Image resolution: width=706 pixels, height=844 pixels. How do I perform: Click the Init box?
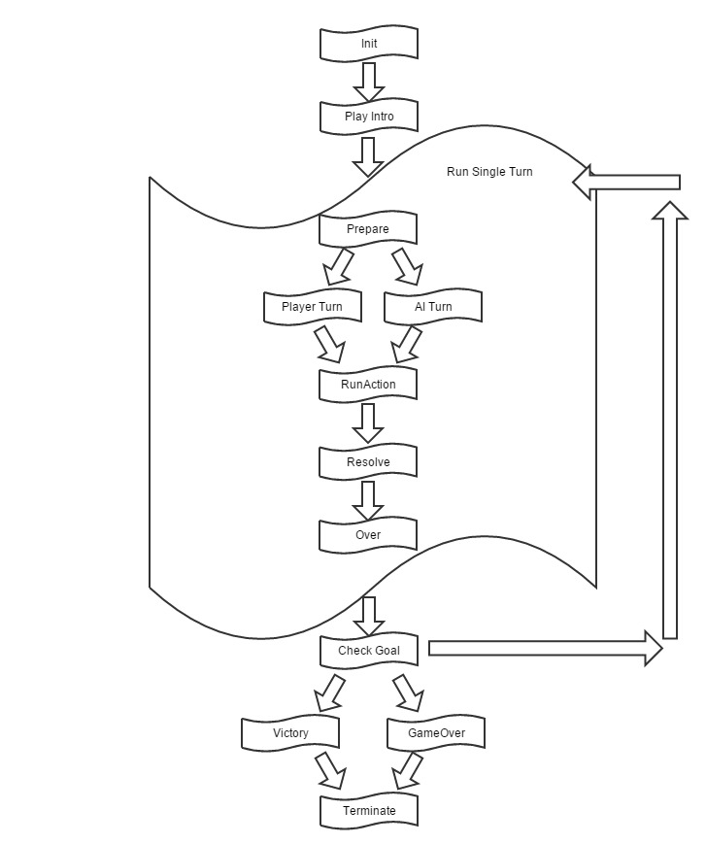[368, 44]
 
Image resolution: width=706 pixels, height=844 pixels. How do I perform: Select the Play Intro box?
[368, 117]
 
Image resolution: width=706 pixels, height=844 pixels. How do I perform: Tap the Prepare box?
[368, 230]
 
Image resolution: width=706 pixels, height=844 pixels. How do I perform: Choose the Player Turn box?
[312, 307]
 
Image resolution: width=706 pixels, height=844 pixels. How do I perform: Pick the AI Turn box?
[433, 307]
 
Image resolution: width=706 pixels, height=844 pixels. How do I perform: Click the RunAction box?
[368, 385]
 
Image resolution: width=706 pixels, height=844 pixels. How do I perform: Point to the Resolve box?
[368, 462]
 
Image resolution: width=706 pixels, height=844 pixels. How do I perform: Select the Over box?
[368, 535]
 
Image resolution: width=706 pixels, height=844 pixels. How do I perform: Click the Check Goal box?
[368, 651]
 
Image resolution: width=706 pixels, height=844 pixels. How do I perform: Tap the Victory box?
[290, 733]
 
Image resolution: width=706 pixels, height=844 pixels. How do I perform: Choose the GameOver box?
[434, 733]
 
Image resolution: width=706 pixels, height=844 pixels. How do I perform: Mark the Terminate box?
[368, 811]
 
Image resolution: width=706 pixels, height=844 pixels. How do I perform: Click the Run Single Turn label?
[489, 172]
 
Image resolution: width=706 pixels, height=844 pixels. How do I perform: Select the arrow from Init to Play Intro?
[368, 82]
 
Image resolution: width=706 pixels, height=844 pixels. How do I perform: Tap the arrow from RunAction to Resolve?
[368, 422]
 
